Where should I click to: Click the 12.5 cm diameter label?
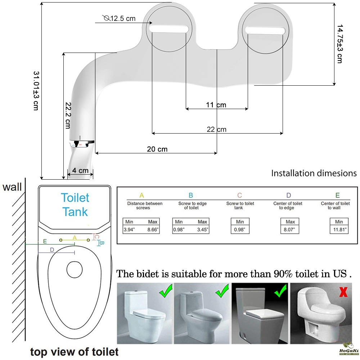pyautogui.click(x=120, y=18)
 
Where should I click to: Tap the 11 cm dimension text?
pyautogui.click(x=216, y=105)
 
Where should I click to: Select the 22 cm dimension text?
pyautogui.click(x=216, y=130)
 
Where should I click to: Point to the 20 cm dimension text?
pyautogui.click(x=157, y=149)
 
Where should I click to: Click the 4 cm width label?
pyautogui.click(x=80, y=171)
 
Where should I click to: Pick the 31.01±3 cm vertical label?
pyautogui.click(x=36, y=91)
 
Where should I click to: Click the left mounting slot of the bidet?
pyautogui.click(x=169, y=29)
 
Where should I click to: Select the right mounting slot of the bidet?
pyautogui.click(x=265, y=31)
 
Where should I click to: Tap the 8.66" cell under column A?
pyautogui.click(x=153, y=229)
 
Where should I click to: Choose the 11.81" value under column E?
pyautogui.click(x=339, y=229)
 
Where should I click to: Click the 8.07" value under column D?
pyautogui.click(x=289, y=229)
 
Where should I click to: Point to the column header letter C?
pyautogui.click(x=239, y=195)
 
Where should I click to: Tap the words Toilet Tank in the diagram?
pyautogui.click(x=75, y=205)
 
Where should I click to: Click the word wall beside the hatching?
pyautogui.click(x=12, y=187)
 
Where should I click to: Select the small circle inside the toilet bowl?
pyautogui.click(x=75, y=269)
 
